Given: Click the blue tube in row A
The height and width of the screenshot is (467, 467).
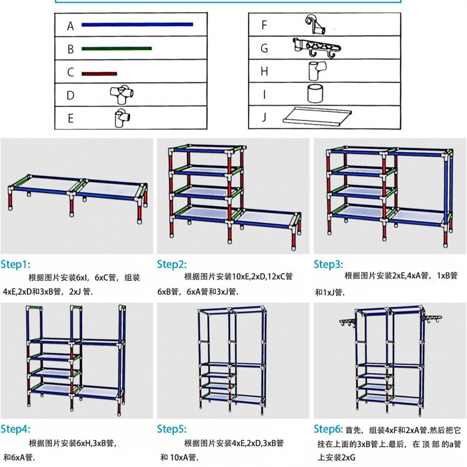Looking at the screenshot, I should pos(137,25).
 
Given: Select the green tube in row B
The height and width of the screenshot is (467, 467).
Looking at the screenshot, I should pos(117,49).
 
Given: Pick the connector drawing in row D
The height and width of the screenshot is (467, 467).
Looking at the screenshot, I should pos(120,94).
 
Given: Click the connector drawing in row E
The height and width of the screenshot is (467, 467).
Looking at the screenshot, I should pos(121,117).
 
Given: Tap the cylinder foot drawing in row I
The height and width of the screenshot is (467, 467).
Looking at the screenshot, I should pos(315,93).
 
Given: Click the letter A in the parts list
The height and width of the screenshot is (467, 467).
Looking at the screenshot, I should pos(71,26).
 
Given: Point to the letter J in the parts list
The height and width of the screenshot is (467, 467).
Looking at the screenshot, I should pos(264,117).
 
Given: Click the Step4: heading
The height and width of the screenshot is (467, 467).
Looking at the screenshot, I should pos(16,429).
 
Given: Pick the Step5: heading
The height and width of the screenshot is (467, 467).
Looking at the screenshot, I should pos(172,429).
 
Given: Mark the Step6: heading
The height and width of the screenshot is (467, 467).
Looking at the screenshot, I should pos(329,429).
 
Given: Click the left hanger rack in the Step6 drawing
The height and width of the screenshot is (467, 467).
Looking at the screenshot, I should pos(349,322).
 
